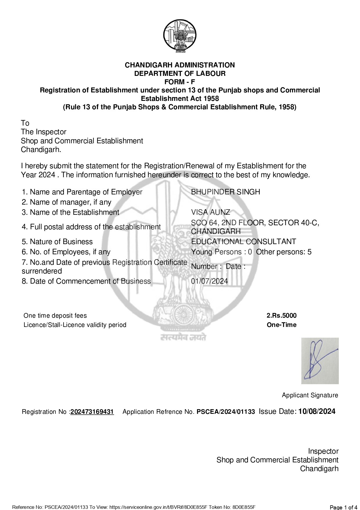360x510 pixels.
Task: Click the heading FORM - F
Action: [180, 82]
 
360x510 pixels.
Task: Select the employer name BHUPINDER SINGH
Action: [225, 192]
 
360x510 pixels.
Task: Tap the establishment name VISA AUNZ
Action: [210, 212]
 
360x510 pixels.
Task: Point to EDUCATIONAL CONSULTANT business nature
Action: [243, 242]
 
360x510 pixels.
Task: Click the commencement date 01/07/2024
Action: [209, 281]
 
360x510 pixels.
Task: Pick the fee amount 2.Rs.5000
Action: [281, 316]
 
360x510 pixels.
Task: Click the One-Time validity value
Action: [281, 325]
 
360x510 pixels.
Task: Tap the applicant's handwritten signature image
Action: [320, 361]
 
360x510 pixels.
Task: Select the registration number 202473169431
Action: [92, 412]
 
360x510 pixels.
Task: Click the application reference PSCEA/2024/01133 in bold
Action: [226, 412]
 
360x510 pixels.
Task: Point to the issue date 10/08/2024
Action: [317, 411]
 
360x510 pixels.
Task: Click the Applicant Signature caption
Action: [310, 395]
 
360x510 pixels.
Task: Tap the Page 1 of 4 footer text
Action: [343, 507]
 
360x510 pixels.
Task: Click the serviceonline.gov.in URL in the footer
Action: [158, 507]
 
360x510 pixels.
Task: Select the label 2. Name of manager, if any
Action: [66, 202]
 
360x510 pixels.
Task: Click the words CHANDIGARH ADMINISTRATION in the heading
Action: [180, 65]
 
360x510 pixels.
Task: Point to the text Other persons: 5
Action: [283, 252]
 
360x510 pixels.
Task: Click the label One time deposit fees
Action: [55, 316]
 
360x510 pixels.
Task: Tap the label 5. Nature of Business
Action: [57, 242]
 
